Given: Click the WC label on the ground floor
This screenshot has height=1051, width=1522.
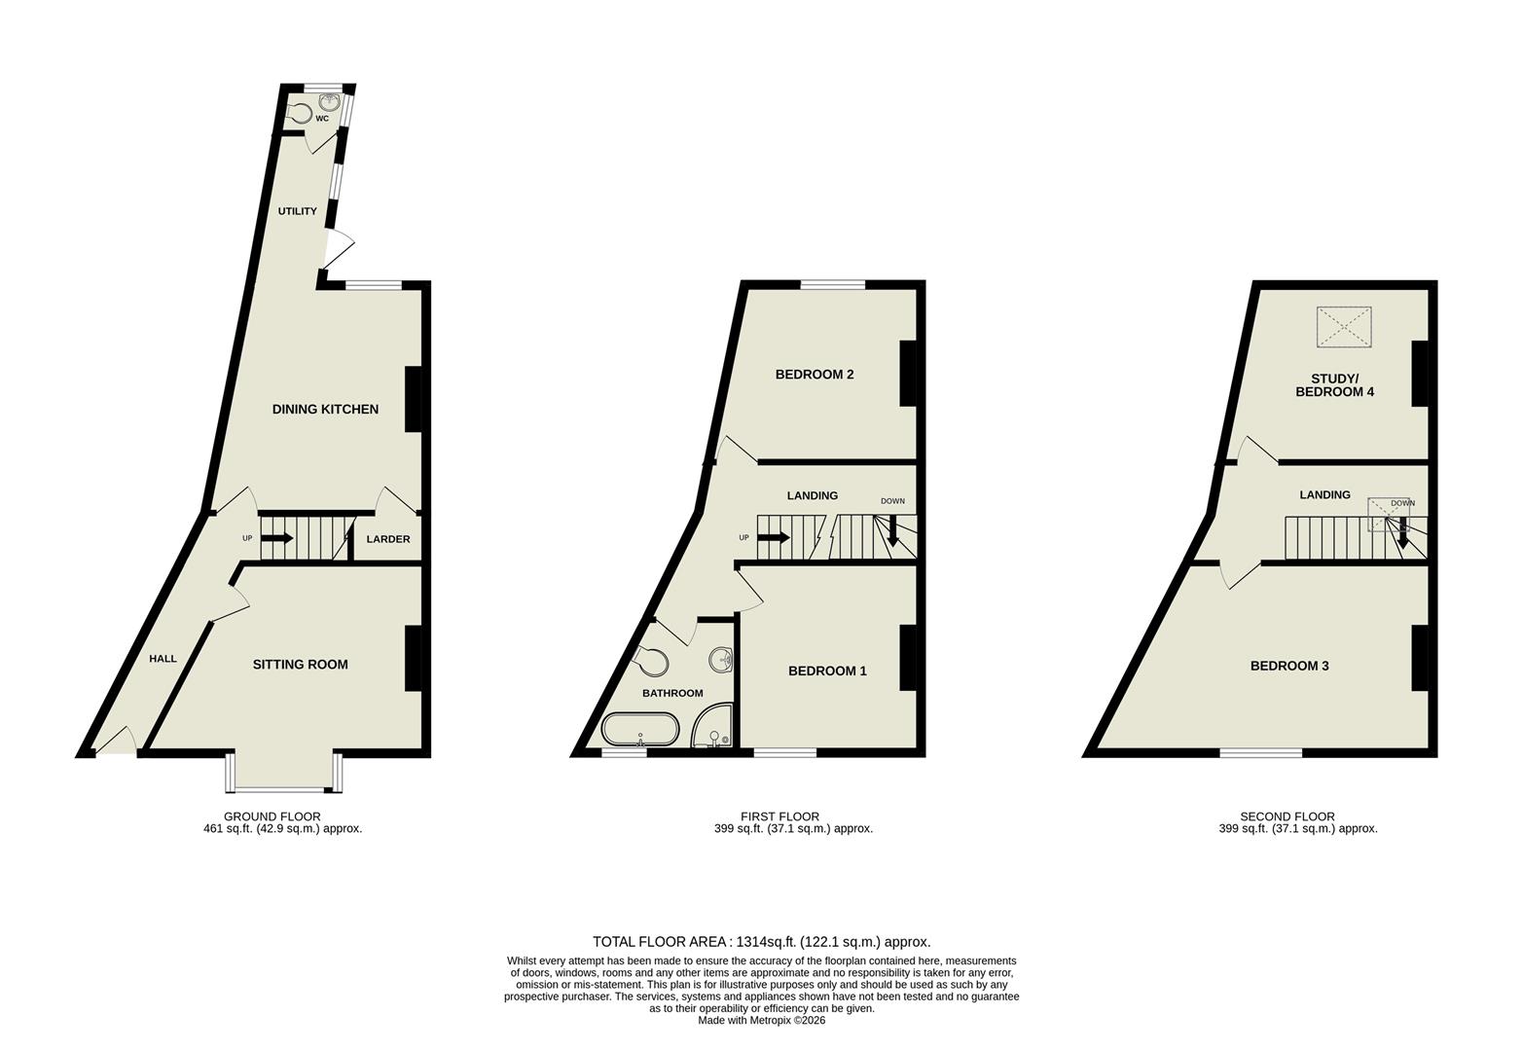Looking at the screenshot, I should [321, 119].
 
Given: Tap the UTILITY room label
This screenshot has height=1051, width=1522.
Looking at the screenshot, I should [298, 211].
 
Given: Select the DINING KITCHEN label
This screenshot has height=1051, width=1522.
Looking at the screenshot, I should [325, 409].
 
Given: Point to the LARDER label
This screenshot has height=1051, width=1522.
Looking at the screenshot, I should [388, 539].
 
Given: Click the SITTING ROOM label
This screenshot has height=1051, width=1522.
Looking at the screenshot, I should [300, 665].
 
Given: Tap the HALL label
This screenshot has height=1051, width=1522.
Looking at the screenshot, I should [163, 659].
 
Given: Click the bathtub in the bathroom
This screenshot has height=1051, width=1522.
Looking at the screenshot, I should [638, 730].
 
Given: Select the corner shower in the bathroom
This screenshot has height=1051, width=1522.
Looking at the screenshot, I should [714, 727].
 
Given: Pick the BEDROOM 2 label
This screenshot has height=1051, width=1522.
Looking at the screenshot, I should [815, 375].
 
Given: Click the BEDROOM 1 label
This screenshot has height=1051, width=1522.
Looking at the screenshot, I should [827, 670].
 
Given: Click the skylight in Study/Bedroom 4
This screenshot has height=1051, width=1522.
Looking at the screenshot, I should [1344, 327].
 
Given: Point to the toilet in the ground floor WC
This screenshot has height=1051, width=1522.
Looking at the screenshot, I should [302, 113].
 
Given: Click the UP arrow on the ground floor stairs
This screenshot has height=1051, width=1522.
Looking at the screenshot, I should [277, 538].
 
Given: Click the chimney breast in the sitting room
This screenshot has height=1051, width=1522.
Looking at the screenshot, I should [413, 659].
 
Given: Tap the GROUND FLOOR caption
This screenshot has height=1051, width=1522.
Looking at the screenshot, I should [272, 816].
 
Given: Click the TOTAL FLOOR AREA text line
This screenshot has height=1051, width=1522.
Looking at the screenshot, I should [761, 942].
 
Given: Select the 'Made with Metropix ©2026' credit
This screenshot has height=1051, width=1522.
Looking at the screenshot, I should [761, 1021].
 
